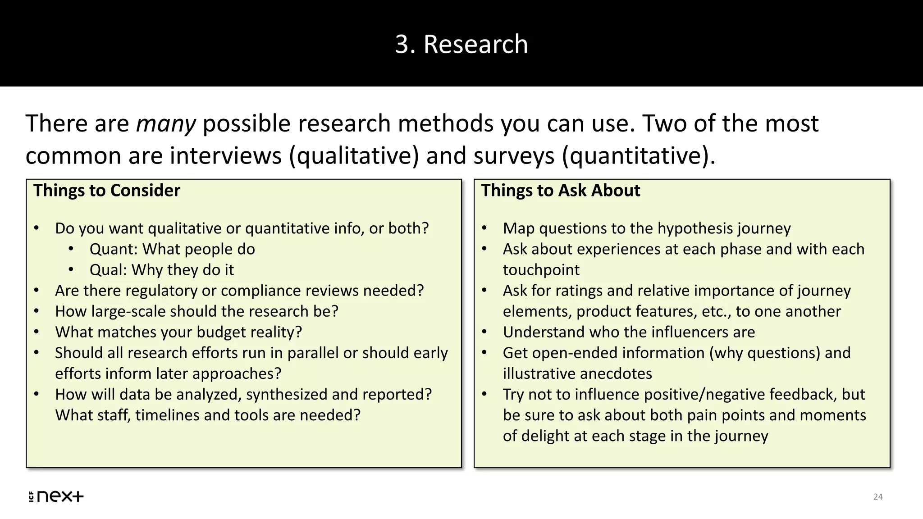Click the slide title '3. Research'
pyautogui.click(x=461, y=44)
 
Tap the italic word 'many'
pyautogui.click(x=166, y=123)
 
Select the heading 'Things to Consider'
pyautogui.click(x=107, y=191)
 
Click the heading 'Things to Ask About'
pyautogui.click(x=560, y=191)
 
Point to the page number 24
pyautogui.click(x=878, y=496)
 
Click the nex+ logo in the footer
pyautogui.click(x=56, y=496)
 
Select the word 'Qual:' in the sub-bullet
pyautogui.click(x=108, y=270)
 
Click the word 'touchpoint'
pyautogui.click(x=541, y=270)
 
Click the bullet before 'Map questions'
pyautogui.click(x=484, y=228)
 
